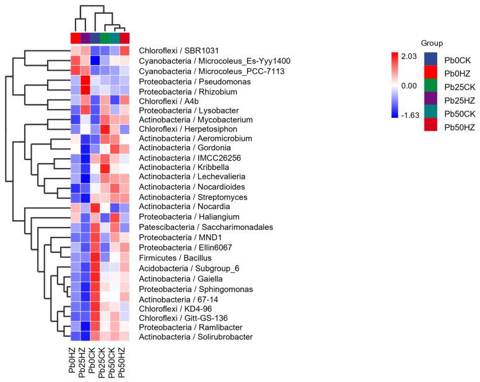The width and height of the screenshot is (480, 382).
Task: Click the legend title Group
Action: point(432,43)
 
